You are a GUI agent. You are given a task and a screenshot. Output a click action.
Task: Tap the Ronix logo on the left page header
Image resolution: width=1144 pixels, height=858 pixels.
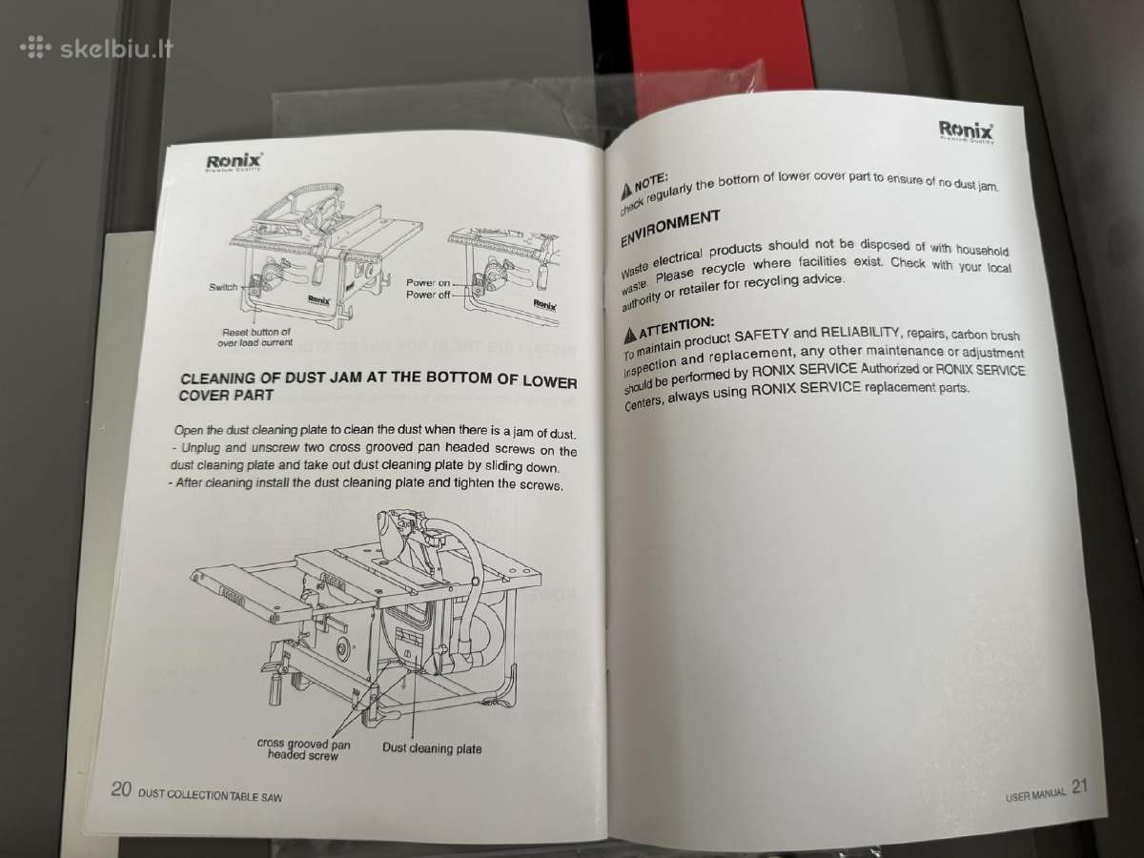pyautogui.click(x=234, y=162)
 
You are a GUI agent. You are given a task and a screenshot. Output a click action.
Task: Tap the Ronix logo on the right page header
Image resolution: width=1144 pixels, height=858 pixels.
pyautogui.click(x=966, y=132)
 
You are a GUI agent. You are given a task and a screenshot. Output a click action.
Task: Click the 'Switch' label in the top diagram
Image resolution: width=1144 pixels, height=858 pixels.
pyautogui.click(x=223, y=287)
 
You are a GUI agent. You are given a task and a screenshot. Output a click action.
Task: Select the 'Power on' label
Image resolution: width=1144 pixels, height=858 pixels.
pyautogui.click(x=428, y=283)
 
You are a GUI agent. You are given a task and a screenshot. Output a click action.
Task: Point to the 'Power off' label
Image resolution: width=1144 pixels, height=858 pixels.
pyautogui.click(x=428, y=295)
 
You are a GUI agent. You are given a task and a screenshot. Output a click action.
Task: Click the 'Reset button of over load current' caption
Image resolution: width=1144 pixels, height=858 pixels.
pyautogui.click(x=255, y=337)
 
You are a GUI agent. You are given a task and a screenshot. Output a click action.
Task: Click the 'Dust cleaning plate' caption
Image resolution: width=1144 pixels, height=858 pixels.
pyautogui.click(x=432, y=748)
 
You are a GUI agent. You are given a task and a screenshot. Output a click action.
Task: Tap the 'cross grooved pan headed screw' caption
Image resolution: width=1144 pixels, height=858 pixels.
pyautogui.click(x=303, y=749)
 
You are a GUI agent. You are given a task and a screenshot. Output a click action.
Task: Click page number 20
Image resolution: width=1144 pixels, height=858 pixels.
pyautogui.click(x=121, y=788)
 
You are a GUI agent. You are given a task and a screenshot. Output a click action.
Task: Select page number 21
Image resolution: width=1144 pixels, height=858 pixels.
pyautogui.click(x=1080, y=786)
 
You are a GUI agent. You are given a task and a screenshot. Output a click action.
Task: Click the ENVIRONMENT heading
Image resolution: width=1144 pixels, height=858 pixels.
pyautogui.click(x=670, y=228)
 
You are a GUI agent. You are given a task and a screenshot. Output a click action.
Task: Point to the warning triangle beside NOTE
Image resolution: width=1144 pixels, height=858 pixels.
pyautogui.click(x=626, y=193)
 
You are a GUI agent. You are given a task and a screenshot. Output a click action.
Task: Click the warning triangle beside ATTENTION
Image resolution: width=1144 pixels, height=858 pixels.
pyautogui.click(x=631, y=336)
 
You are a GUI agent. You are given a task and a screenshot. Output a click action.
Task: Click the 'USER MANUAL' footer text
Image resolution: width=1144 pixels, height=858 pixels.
pyautogui.click(x=1035, y=794)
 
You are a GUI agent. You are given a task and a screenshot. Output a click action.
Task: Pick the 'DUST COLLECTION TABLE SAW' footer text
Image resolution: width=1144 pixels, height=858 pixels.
pyautogui.click(x=210, y=795)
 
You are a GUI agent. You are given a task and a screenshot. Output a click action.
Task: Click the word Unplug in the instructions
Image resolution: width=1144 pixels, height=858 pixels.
pyautogui.click(x=203, y=447)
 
